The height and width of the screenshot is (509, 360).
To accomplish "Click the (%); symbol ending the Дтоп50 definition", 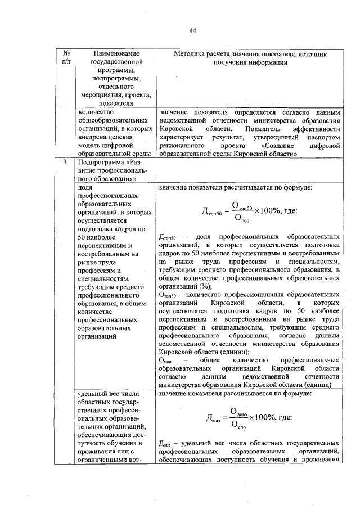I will (200, 285).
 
